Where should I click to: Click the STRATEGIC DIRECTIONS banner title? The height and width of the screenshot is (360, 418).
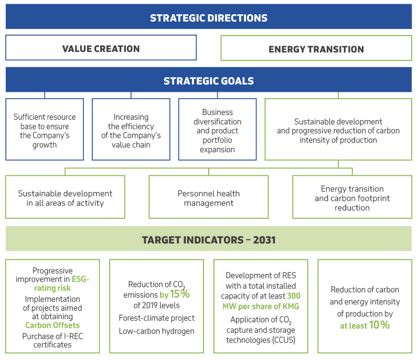pos(208,18)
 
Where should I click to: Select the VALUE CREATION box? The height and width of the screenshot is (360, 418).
pos(101,47)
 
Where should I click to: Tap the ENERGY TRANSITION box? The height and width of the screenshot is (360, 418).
pos(316,48)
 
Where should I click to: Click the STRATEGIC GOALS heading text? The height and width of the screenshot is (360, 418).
pos(208,81)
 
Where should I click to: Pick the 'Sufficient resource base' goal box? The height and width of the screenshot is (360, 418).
pos(45,129)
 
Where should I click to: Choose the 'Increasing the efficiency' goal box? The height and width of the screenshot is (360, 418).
pos(131,129)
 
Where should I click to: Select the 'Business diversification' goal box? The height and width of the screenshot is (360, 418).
pos(217,129)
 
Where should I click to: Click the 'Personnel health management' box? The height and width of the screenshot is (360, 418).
pos(208,197)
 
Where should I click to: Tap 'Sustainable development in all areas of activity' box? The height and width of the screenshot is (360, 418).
pos(65,197)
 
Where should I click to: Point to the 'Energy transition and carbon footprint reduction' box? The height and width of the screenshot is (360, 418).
pos(352,197)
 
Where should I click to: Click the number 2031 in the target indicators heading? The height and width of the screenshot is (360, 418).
pos(264,240)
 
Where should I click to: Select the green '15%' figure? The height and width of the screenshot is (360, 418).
pos(180,294)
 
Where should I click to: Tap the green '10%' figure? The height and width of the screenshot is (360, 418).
pos(379,325)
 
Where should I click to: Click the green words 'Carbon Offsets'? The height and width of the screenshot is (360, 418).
pos(52,325)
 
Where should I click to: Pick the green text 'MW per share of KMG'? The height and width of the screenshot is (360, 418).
pos(261,306)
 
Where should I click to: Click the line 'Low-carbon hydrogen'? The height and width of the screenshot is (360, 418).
pos(156,331)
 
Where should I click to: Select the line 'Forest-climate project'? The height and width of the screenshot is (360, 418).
pos(156,318)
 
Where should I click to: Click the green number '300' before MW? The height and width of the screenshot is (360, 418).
pos(294,296)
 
